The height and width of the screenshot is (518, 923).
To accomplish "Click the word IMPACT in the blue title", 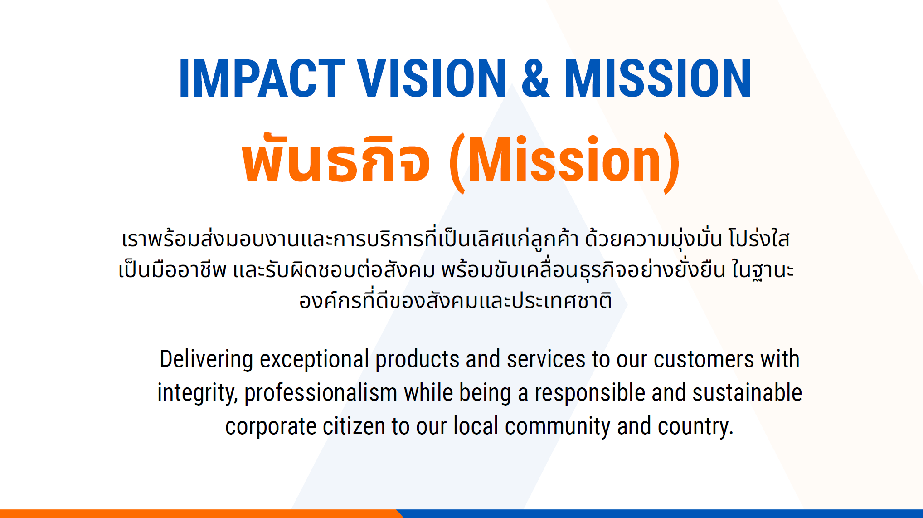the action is click(x=262, y=78).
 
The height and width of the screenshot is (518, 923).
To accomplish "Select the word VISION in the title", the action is click(x=432, y=78).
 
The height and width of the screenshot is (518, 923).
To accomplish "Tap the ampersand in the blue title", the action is click(x=535, y=78).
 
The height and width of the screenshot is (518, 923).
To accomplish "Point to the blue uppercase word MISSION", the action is click(x=658, y=78).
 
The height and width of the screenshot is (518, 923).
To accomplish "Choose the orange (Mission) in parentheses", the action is click(x=564, y=162).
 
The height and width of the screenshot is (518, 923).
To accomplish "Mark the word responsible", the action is click(x=590, y=393).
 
